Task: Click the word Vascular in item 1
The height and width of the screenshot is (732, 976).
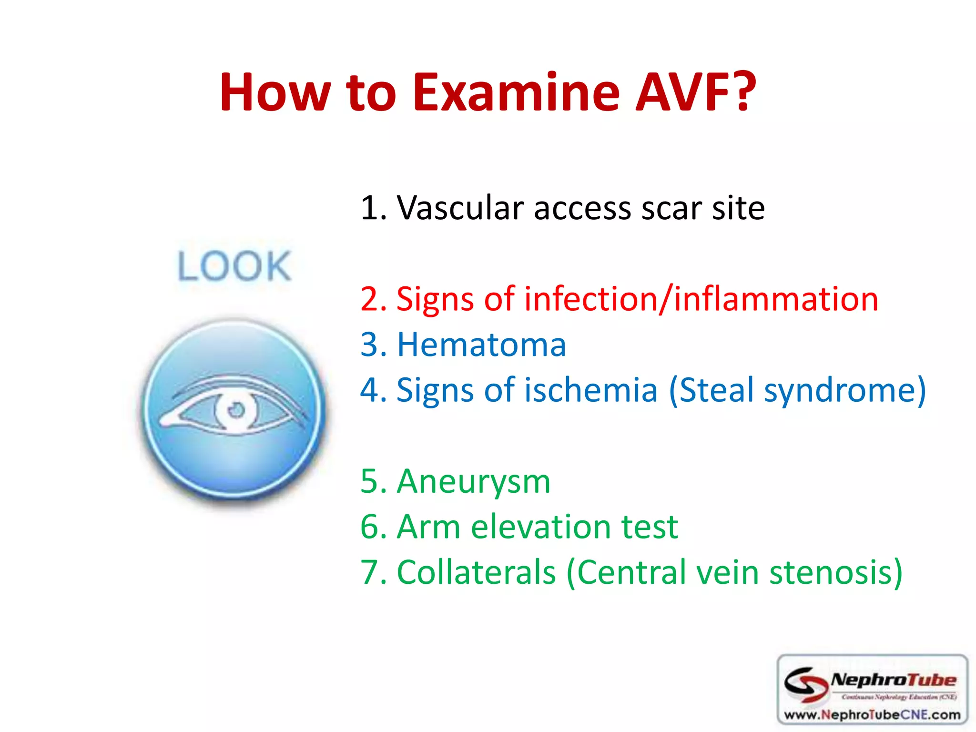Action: (460, 208)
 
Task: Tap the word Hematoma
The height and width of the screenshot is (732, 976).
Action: (481, 345)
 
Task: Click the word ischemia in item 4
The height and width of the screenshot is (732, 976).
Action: (591, 390)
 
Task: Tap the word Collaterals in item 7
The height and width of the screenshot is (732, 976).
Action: (476, 572)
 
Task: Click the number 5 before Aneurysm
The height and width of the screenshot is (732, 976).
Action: (369, 481)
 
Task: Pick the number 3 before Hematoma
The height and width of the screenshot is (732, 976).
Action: (369, 345)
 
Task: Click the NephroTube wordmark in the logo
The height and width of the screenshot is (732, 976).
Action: (894, 680)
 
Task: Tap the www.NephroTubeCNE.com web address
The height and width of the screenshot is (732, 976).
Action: (872, 715)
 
